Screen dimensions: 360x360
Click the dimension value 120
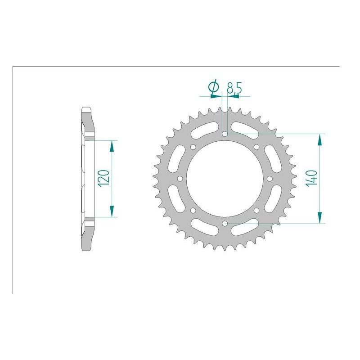103,179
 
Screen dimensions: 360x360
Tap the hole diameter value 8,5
234,88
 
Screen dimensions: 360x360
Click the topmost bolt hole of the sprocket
225,134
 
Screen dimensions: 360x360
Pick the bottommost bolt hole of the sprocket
225,223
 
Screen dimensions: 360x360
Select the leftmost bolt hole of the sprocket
180,179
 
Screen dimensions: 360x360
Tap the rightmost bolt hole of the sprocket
270,179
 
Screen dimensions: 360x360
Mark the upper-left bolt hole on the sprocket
193,147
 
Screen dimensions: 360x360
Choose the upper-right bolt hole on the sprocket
256,147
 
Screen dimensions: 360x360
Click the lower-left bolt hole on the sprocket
193,210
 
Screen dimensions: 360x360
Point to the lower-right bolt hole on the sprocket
256,210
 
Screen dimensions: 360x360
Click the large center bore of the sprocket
225,179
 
